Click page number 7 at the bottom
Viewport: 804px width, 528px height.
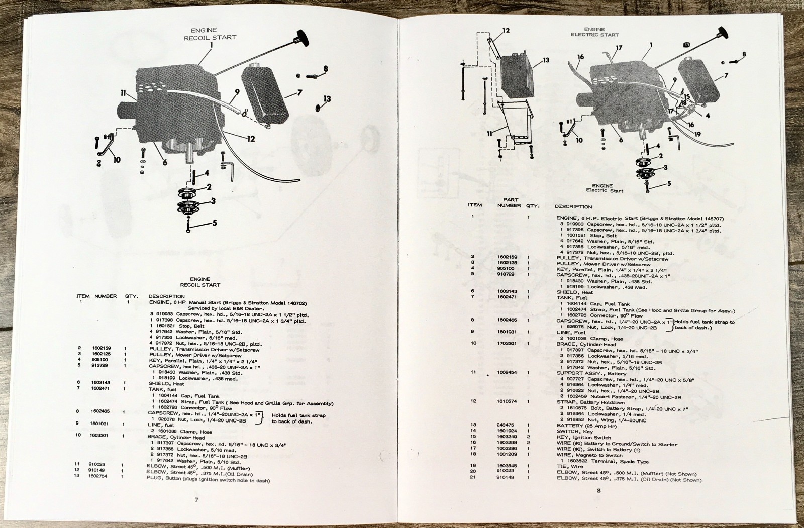point(197,500)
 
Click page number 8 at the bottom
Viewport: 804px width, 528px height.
point(599,491)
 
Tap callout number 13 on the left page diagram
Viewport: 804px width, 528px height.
point(327,99)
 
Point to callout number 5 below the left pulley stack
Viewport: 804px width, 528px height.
point(215,223)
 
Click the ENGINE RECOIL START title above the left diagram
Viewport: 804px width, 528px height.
point(210,34)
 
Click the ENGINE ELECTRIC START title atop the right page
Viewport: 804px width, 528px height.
point(594,32)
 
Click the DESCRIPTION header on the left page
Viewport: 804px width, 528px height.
point(166,296)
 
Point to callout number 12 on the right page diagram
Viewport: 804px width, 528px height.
point(506,31)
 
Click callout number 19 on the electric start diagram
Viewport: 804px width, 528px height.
point(697,134)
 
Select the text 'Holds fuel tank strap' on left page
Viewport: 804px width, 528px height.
point(298,415)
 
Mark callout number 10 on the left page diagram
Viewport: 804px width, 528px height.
point(117,160)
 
